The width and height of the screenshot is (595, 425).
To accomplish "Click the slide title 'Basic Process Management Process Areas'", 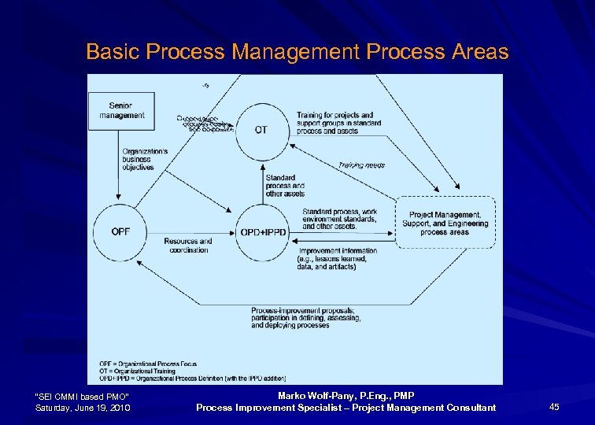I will click(297, 52).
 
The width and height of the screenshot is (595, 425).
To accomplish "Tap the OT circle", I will click(261, 130).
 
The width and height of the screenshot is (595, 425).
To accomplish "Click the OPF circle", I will click(121, 231).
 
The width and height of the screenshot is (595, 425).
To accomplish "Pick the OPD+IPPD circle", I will click(261, 231).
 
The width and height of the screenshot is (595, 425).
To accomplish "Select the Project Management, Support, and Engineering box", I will click(445, 224).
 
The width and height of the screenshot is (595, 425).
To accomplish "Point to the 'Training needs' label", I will click(362, 165).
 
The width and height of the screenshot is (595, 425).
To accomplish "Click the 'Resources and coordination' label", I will click(188, 246).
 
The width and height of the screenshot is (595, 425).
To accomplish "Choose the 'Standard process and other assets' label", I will click(285, 186).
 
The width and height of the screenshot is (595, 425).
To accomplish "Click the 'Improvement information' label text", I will click(338, 259).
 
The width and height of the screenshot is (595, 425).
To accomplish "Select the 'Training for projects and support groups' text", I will click(338, 123).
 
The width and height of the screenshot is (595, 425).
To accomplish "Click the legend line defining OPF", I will click(153, 364).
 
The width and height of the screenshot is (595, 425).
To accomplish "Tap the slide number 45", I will click(554, 407).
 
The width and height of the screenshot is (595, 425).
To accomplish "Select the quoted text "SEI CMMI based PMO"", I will click(83, 395).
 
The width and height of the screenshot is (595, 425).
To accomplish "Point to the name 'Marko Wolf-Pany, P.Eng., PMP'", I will click(346, 395).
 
